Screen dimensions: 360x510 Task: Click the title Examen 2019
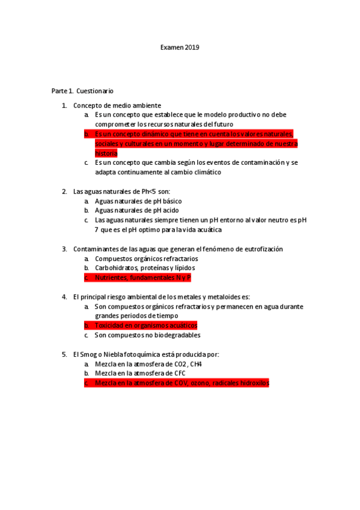tap(180, 47)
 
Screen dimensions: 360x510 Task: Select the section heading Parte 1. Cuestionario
tap(82, 91)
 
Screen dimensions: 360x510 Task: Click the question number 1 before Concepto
tap(64, 106)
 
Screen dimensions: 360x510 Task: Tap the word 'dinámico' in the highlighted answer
tap(140, 134)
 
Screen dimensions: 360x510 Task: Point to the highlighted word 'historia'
tap(106, 153)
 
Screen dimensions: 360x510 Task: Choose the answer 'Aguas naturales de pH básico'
tap(138, 201)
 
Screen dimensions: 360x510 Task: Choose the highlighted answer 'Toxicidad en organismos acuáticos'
tap(146, 325)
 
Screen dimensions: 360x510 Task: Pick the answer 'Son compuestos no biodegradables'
tap(147, 335)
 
